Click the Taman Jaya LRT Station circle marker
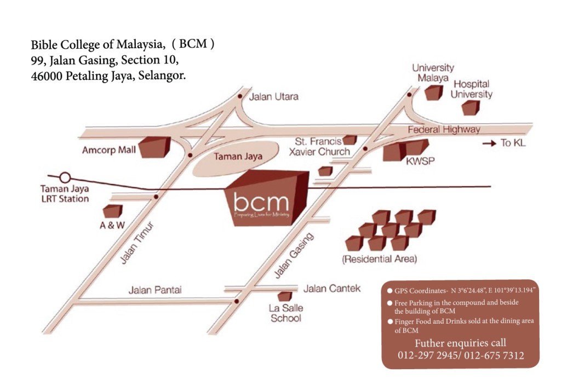click(65, 177)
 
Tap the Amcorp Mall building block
click(154, 147)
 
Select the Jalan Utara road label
click(274, 96)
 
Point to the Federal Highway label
click(444, 129)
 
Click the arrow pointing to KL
click(489, 143)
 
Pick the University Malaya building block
click(434, 93)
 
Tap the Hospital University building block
click(471, 108)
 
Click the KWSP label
click(420, 161)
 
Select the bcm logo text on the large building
click(261, 202)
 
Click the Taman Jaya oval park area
click(236, 157)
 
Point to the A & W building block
click(113, 211)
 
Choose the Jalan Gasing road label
click(294, 255)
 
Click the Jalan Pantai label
click(155, 290)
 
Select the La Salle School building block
click(285, 296)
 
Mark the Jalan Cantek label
click(332, 289)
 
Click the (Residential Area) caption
click(380, 259)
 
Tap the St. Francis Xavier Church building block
click(350, 140)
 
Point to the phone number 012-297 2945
click(428, 355)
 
